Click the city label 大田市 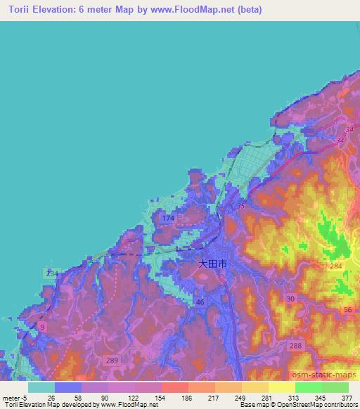212,265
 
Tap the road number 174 168,219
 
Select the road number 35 241,206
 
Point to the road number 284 336,266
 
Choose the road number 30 290,299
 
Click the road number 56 347,310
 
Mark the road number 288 295,345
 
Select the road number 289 111,361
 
